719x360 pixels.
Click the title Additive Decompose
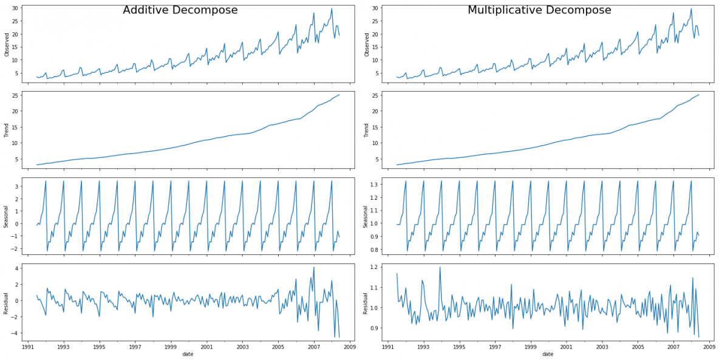(x=180, y=10)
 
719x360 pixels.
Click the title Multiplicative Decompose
(x=539, y=10)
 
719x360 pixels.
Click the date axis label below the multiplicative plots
(x=548, y=355)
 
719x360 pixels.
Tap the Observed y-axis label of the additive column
(x=7, y=44)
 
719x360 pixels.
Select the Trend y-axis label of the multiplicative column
(x=367, y=131)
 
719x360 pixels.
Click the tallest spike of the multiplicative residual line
(x=440, y=267)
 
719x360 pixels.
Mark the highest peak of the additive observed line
(x=332, y=8)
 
